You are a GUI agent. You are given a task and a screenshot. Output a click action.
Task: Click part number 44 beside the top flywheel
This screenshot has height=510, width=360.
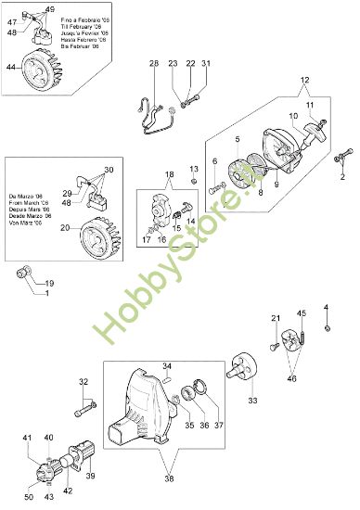pyautogui.click(x=11, y=67)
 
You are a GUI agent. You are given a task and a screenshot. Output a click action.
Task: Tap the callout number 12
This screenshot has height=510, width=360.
pyautogui.click(x=303, y=80)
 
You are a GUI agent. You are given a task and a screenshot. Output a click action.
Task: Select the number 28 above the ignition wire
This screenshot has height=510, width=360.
pyautogui.click(x=154, y=63)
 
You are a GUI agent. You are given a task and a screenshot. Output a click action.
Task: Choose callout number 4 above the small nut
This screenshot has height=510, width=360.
pyautogui.click(x=326, y=307)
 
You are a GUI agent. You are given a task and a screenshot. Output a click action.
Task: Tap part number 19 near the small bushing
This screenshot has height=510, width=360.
pyautogui.click(x=49, y=283)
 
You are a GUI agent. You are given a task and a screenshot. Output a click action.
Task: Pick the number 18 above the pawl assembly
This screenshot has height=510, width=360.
pyautogui.click(x=169, y=175)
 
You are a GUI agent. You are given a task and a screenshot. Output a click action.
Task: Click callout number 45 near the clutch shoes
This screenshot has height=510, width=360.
pyautogui.click(x=301, y=313)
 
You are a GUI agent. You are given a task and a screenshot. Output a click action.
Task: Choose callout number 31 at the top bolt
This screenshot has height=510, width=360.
pyautogui.click(x=206, y=63)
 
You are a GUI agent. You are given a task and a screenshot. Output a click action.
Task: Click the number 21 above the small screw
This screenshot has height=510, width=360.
pyautogui.click(x=276, y=320)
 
